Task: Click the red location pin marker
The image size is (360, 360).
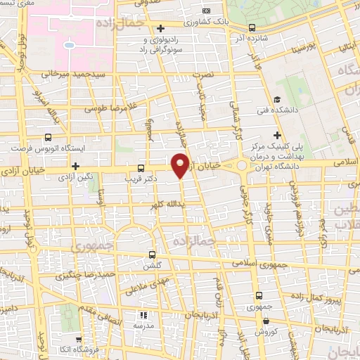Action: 181,165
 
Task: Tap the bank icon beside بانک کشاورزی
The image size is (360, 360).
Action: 205,11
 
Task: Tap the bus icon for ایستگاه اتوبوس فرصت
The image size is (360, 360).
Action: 48,137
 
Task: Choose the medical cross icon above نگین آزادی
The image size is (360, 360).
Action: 75,165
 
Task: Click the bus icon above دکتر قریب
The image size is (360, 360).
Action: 141,168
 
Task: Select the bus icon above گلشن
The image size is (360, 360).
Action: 153,255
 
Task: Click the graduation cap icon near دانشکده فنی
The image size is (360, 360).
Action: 278,99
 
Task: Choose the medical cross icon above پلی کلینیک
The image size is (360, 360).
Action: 278,134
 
